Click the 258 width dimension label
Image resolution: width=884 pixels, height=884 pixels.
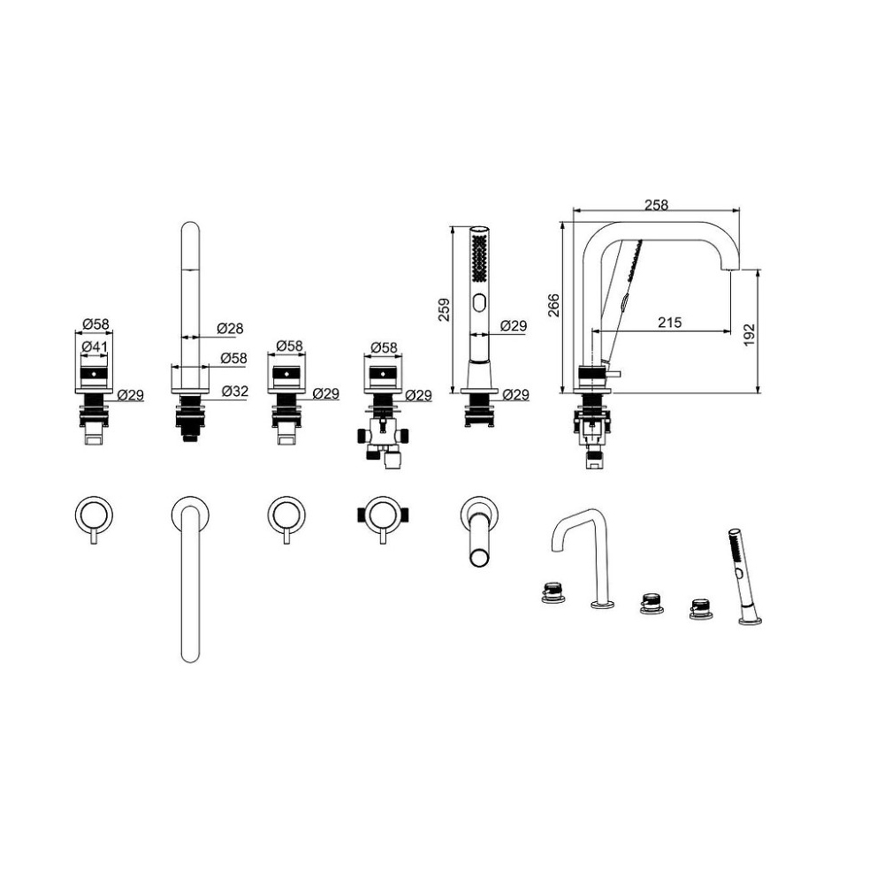point(656,205)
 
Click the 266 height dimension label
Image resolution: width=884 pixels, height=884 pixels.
point(554,306)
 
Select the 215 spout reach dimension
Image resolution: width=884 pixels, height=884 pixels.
point(670,323)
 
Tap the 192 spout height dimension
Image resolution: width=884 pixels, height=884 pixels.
point(749,335)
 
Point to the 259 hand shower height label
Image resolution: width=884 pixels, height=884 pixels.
point(445,310)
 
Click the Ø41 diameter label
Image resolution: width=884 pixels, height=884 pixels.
point(95,347)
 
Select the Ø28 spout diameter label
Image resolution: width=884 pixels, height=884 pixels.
point(230,328)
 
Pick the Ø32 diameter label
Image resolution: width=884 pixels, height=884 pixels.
point(234,391)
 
